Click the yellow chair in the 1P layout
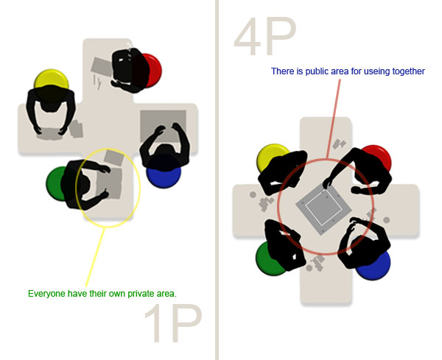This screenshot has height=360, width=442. tap(50, 80)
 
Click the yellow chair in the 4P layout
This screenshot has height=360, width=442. tap(271, 157)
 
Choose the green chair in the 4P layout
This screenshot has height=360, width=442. tap(269, 258)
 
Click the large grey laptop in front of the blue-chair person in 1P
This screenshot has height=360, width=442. tap(163, 124)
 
